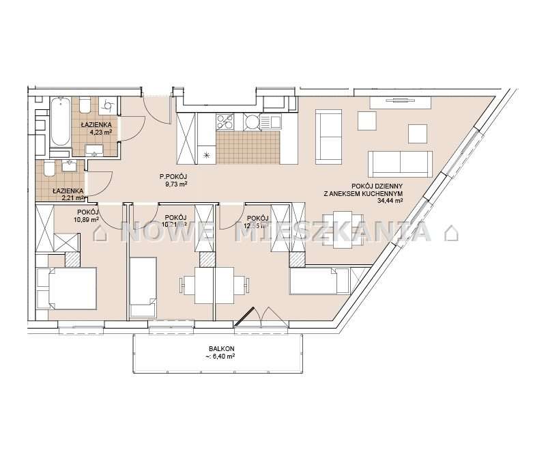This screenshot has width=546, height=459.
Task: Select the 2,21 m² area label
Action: point(70,198)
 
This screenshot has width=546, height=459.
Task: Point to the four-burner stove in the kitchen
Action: point(226,122)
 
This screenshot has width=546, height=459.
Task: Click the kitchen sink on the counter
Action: point(270,122)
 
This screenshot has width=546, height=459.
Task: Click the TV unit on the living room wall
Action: point(401,102)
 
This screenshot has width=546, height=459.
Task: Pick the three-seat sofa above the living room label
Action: point(400,163)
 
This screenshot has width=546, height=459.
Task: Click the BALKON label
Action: point(217,348)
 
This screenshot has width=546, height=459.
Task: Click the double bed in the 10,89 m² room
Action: point(66,287)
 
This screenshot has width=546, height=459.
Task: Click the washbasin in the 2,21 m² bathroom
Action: point(69,165)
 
